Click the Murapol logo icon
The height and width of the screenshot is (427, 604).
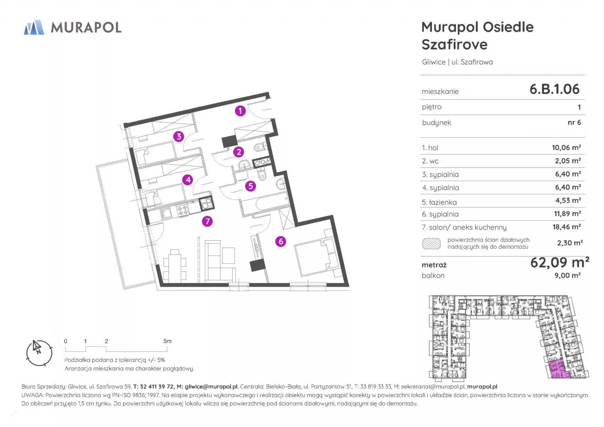coord(34,27)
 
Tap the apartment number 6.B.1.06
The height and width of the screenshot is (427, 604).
coord(554,89)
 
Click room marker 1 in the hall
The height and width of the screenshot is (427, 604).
coord(240,111)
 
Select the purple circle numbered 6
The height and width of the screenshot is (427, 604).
coord(281,241)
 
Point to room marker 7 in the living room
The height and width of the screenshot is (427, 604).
coord(207,221)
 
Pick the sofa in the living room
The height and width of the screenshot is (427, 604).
coord(220,261)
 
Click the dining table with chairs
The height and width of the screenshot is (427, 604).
coord(175,266)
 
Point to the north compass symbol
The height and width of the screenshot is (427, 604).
coord(39,353)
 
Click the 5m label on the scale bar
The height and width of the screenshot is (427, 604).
coord(167,341)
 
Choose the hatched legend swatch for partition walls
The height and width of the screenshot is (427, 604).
coord(431,244)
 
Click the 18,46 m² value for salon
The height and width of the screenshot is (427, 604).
coord(567,227)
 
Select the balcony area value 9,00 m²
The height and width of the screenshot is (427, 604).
coord(568,275)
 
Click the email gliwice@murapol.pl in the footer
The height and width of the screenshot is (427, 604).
coord(211,387)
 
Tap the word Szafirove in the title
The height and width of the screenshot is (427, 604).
coord(455,44)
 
